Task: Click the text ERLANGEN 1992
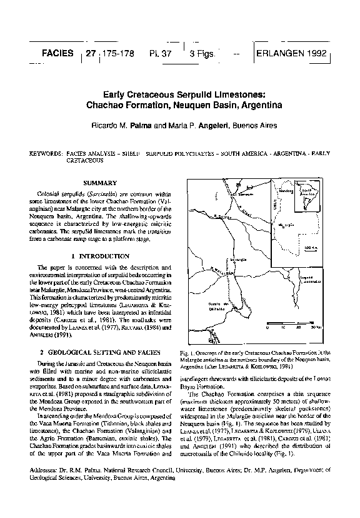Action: (292, 54)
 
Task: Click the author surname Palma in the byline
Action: (142, 126)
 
